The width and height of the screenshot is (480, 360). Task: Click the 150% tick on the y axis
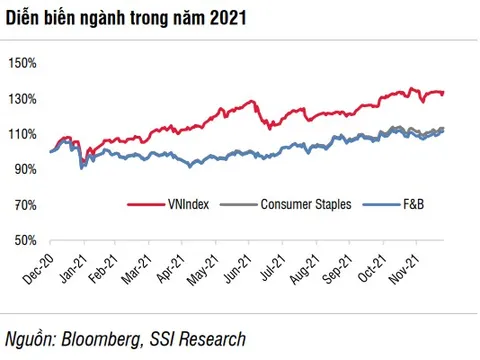[22, 63]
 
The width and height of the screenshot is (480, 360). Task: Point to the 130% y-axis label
[22, 99]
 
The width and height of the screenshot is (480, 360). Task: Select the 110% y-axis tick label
[22, 134]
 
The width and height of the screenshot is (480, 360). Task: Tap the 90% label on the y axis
[25, 170]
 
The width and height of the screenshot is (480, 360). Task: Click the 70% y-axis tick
[25, 205]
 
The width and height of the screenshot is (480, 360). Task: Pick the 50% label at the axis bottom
[25, 241]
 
